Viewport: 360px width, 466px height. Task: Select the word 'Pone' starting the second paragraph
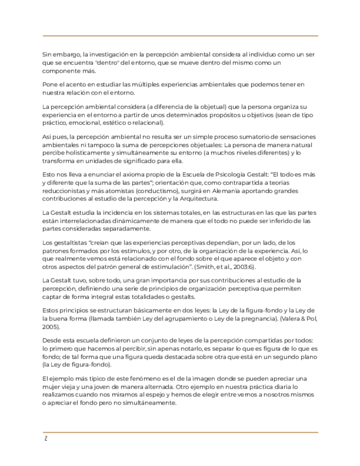click(49, 84)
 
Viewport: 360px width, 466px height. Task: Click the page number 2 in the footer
click(46, 439)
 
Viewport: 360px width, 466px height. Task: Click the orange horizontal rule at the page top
click(180, 36)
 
